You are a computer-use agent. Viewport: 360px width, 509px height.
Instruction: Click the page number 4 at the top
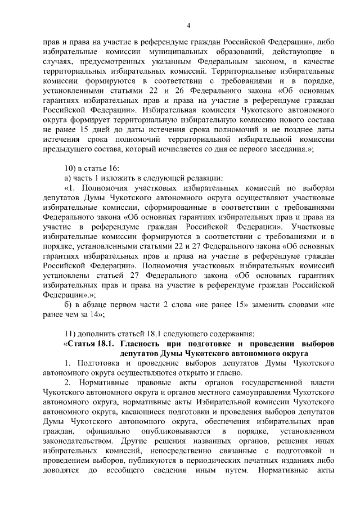point(188,25)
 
